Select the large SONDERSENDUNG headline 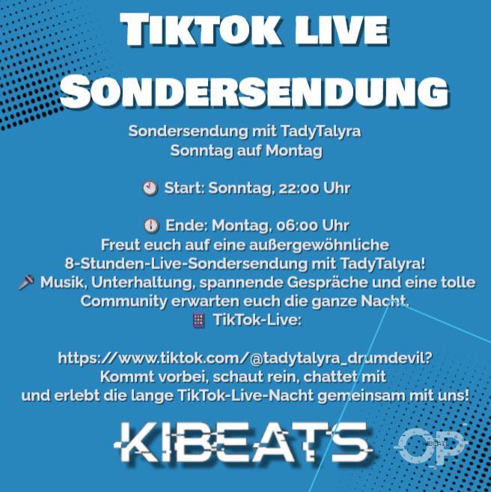pos(254,91)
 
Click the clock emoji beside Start pos(150,188)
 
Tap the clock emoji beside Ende pos(151,226)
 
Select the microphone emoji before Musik pos(26,283)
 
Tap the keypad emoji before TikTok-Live pos(199,320)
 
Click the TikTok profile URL pos(246,357)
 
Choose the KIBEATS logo pos(243,443)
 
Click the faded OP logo pos(430,445)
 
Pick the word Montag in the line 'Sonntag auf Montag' pos(294,150)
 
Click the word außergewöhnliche pos(319,245)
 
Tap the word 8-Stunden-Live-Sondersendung pos(186,263)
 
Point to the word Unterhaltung pos(141,283)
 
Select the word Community pos(124,301)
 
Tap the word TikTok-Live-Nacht pos(246,396)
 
